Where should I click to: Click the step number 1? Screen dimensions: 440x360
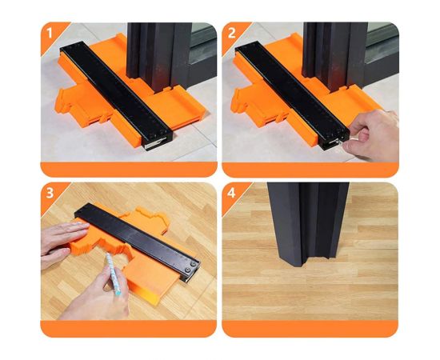pos(50,34)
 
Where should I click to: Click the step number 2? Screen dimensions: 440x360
pos(231,34)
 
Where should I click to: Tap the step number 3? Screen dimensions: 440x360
pos(50,194)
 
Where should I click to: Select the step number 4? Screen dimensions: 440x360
pos(231,194)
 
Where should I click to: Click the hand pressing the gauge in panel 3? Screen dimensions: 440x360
pos(63,242)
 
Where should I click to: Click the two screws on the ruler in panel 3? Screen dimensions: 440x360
pos(190,266)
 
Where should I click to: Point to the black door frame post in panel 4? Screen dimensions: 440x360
pos(308,223)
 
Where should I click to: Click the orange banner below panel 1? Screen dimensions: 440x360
pos(129,169)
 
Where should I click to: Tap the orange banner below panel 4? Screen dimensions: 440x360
pos(310,329)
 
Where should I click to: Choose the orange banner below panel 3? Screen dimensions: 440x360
pos(129,329)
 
